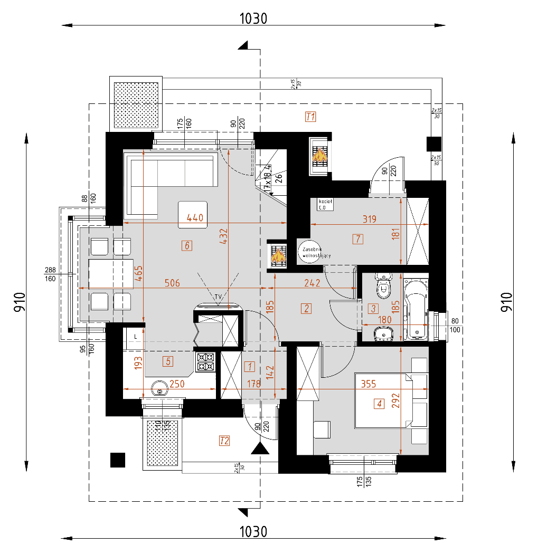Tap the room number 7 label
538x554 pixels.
[x=357, y=239]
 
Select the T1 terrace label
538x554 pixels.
[x=310, y=117]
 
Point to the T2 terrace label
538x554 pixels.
[x=224, y=441]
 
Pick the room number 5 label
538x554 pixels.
[x=168, y=361]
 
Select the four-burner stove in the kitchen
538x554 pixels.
[x=205, y=361]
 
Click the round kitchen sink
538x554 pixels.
[x=159, y=390]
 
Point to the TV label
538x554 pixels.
[x=218, y=297]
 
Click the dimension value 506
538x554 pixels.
[x=172, y=283]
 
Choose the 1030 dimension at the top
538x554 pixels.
[x=253, y=18]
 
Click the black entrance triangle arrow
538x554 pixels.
[x=259, y=448]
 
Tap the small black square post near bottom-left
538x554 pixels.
[x=117, y=460]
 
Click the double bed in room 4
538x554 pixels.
[x=383, y=400]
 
